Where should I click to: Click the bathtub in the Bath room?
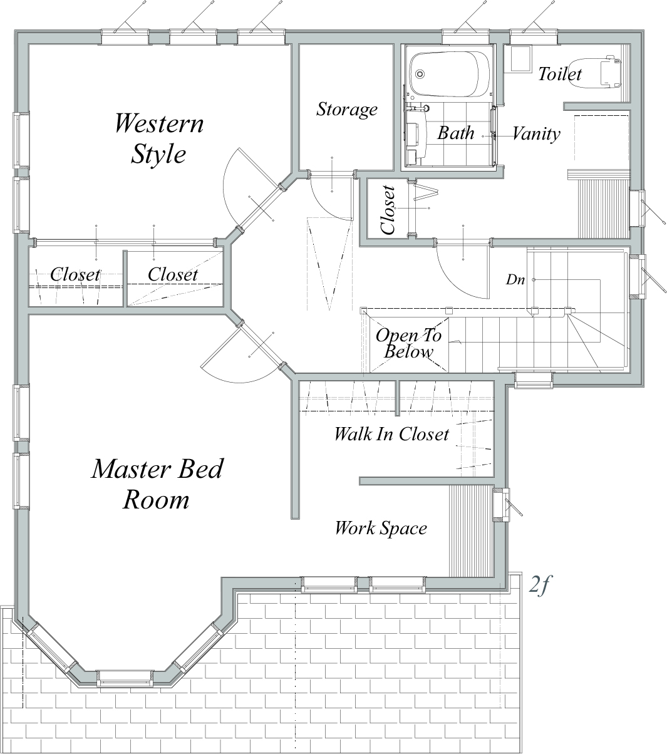click(x=450, y=74)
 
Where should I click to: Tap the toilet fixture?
click(x=596, y=73)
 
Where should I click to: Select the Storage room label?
click(x=347, y=110)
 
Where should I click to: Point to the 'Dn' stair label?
click(x=515, y=279)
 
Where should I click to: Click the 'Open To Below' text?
click(x=409, y=343)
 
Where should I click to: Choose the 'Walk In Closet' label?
click(x=391, y=434)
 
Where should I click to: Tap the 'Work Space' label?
click(x=381, y=529)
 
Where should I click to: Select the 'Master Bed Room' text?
click(x=157, y=484)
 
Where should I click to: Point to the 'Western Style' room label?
click(x=159, y=138)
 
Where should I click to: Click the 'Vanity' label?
click(x=536, y=133)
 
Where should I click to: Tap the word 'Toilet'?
click(x=560, y=74)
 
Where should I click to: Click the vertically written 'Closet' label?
click(x=388, y=210)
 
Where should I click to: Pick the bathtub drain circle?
click(x=420, y=74)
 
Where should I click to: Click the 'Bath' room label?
click(x=455, y=133)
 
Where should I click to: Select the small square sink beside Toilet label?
click(x=520, y=59)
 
